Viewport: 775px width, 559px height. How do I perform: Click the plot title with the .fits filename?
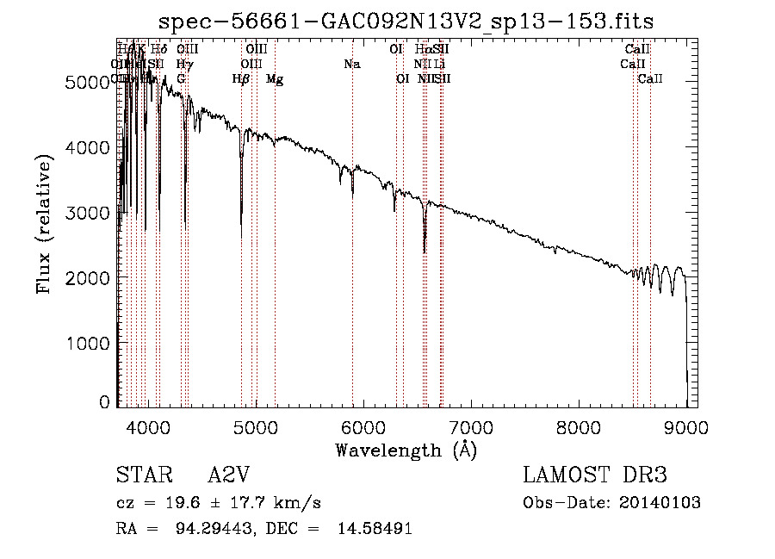(401, 22)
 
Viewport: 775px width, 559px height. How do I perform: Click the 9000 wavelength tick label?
(686, 426)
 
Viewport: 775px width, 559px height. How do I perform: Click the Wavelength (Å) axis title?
(406, 450)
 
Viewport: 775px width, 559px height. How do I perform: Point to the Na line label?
(351, 65)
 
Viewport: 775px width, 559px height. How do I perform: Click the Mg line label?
(275, 79)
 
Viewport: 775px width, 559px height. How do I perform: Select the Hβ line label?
(241, 79)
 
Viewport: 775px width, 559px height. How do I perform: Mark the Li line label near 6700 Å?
(440, 65)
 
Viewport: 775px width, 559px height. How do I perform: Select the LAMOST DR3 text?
(594, 475)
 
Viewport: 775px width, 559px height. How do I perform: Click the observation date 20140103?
(661, 503)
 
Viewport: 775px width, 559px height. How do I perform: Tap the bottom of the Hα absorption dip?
(425, 252)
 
